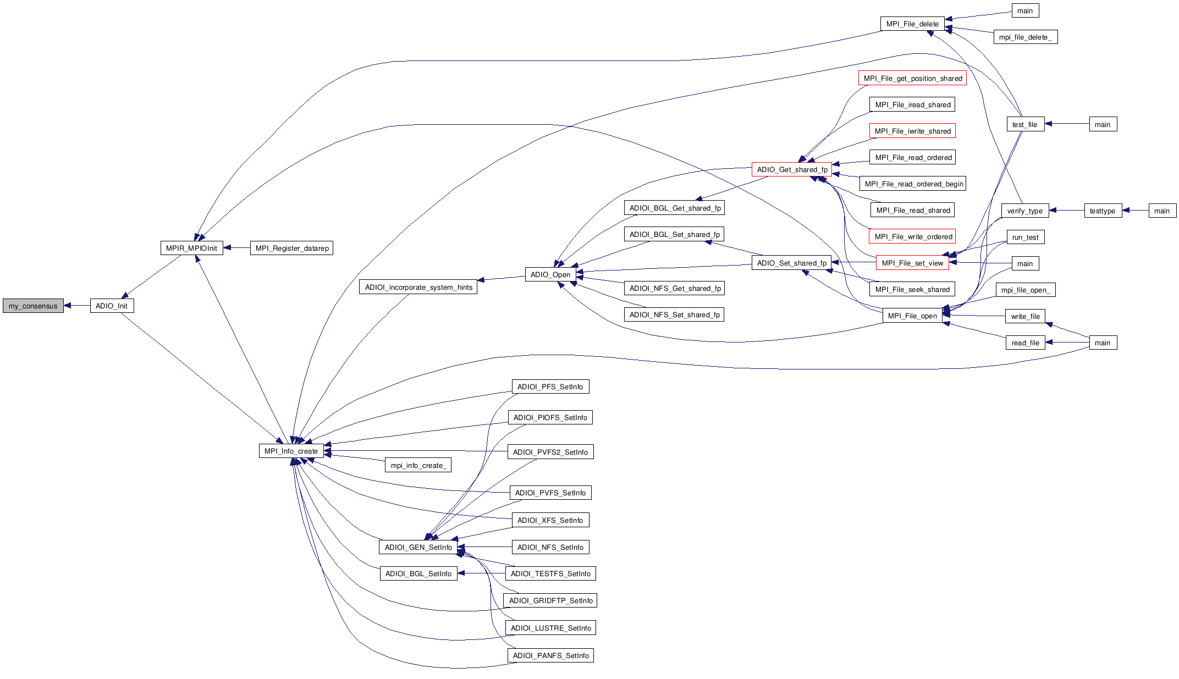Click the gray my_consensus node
(x=33, y=306)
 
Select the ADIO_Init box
(x=112, y=306)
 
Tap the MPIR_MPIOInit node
(x=191, y=248)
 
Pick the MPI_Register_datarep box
(x=291, y=248)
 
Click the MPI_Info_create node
(x=291, y=451)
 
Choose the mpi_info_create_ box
(x=418, y=465)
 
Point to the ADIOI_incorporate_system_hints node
(x=418, y=287)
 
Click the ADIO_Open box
(x=550, y=274)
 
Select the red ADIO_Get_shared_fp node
(x=791, y=169)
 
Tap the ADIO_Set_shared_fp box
(x=791, y=263)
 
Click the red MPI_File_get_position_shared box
(x=912, y=78)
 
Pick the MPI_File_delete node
(x=912, y=24)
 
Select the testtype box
(x=1102, y=211)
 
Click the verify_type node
(x=1024, y=211)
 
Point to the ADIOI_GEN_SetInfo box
(x=418, y=547)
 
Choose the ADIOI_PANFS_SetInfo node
(x=550, y=655)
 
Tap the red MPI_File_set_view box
(x=912, y=263)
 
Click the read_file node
(x=1025, y=343)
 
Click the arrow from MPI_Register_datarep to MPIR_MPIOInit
(x=236, y=248)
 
